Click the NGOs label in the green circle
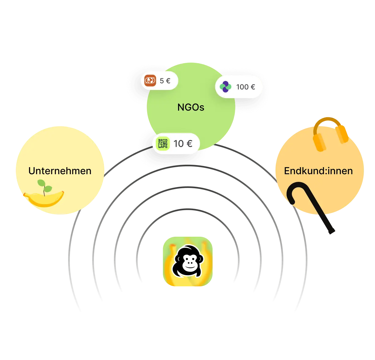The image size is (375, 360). click(191, 107)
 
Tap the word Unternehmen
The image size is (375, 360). click(60, 171)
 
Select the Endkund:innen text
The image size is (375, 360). click(318, 171)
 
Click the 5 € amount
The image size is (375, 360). click(165, 81)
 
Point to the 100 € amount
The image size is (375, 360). click(246, 87)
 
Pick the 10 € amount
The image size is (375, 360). click(183, 143)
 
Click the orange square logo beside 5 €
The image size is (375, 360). click(150, 81)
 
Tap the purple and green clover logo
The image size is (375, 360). click(225, 87)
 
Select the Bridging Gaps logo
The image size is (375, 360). click(162, 144)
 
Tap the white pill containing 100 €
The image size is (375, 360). click(239, 87)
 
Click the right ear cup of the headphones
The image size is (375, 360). click(342, 134)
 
